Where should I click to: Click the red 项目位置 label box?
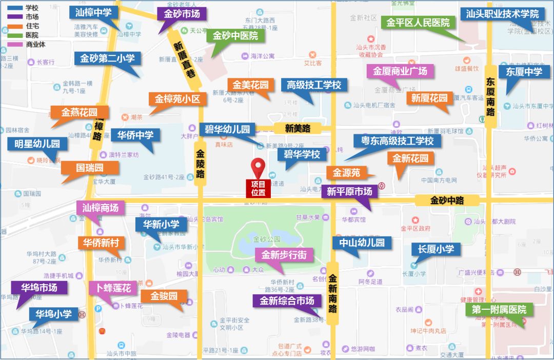[x=259, y=188]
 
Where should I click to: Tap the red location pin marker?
[x=258, y=167]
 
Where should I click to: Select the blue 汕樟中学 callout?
[x=93, y=13]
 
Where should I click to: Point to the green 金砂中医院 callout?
[x=235, y=36]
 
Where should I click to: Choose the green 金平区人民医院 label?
[x=418, y=23]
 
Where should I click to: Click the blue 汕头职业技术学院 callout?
[x=502, y=14]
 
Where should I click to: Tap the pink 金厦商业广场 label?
[x=400, y=71]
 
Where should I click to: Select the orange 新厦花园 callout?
[x=429, y=98]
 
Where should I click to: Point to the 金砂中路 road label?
[x=447, y=200]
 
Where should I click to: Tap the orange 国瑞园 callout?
[x=90, y=168]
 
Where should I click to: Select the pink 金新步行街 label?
[x=284, y=255]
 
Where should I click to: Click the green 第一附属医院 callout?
[x=499, y=310]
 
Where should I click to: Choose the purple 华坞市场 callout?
[x=39, y=288]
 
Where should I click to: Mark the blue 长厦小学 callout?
[x=436, y=249]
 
